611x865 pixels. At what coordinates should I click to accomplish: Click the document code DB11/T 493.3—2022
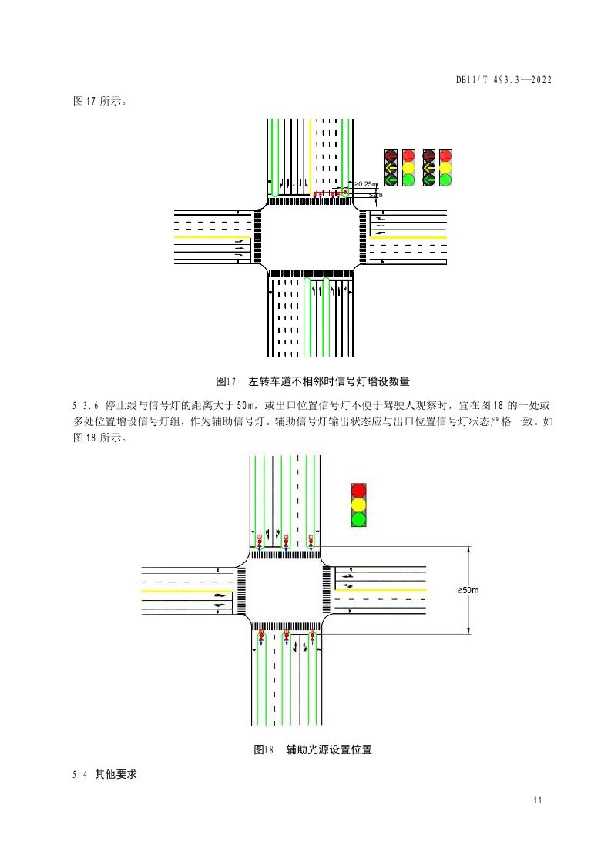point(505,80)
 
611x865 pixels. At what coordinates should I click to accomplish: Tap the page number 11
point(537,800)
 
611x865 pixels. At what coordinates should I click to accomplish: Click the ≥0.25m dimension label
point(366,184)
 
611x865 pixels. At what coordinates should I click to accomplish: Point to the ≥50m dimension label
point(468,590)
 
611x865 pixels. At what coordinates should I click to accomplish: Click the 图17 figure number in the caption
point(226,381)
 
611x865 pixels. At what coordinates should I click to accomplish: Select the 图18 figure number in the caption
point(264,749)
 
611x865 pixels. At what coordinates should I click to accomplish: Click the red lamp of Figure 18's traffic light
point(358,491)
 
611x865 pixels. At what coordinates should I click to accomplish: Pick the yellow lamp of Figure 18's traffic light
point(358,505)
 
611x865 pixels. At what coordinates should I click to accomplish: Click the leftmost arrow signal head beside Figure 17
point(391,166)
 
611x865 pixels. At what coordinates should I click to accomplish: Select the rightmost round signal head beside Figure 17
point(445,166)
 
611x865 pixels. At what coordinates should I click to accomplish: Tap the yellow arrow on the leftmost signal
point(391,166)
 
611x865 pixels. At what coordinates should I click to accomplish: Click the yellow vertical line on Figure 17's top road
point(311,154)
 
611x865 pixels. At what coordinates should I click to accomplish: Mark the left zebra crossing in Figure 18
point(243,590)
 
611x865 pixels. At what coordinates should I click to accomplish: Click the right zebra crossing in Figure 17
point(363,237)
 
